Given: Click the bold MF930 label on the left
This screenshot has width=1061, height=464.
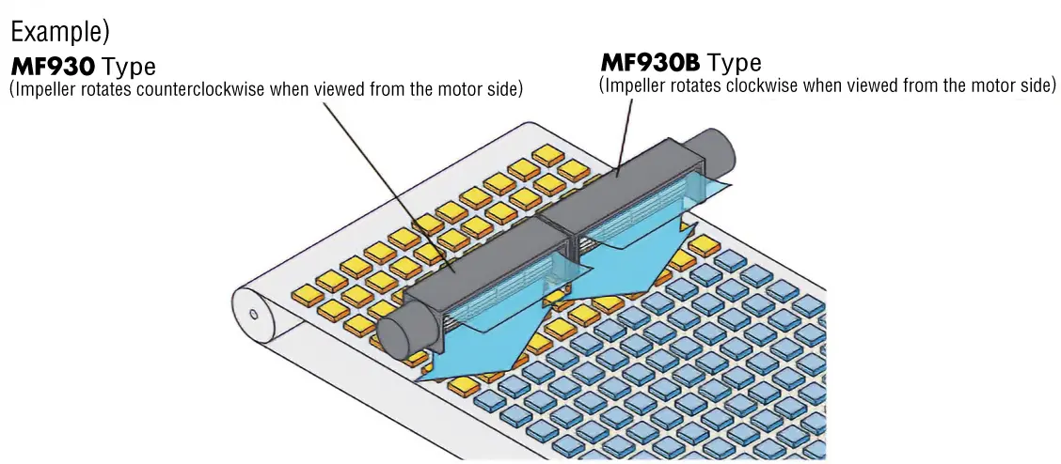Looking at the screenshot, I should click(x=54, y=68).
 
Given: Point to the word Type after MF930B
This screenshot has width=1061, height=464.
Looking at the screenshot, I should click(x=734, y=63).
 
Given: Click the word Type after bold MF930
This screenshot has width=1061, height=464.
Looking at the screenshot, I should click(x=129, y=68).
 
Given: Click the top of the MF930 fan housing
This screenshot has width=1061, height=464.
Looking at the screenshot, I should click(x=470, y=249).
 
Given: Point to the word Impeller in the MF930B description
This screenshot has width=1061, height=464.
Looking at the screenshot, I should click(x=632, y=85).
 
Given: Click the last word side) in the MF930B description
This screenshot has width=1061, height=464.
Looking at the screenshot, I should click(x=1034, y=85).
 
